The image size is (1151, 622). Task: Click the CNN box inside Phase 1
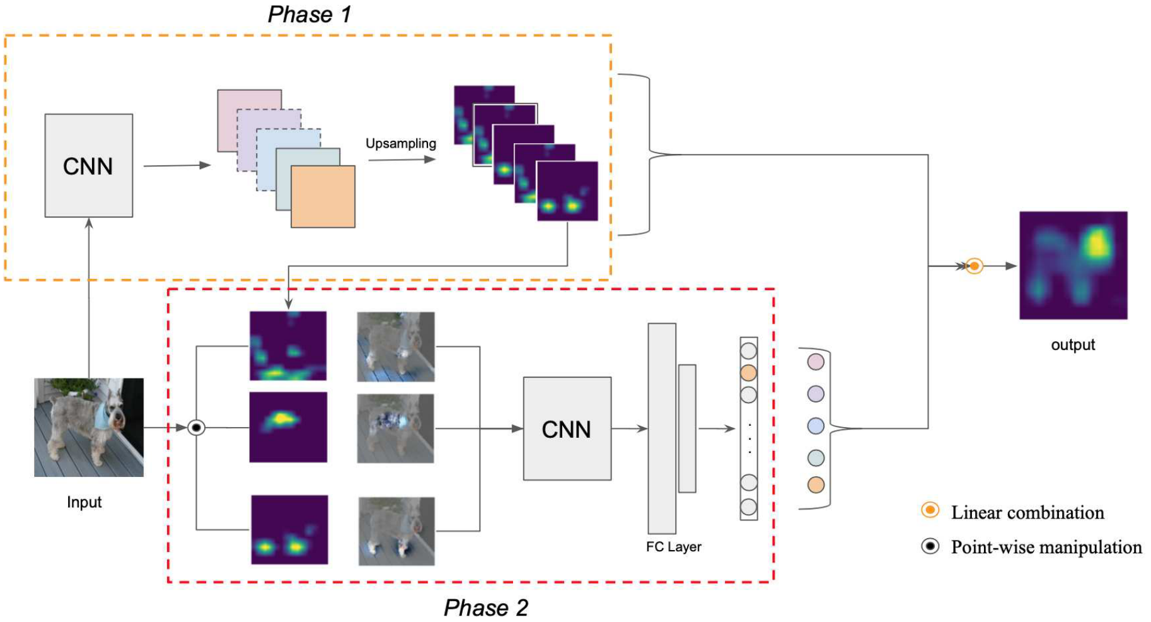tap(88, 165)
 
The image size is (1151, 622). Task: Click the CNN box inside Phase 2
tap(567, 429)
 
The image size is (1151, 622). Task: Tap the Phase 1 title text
tap(309, 14)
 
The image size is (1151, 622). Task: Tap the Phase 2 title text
tap(485, 607)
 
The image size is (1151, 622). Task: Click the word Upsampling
tap(401, 143)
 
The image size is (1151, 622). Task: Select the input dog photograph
tap(88, 427)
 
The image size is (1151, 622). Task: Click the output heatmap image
tap(1073, 265)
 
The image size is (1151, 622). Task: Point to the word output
tap(1073, 344)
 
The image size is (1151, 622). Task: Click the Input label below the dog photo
tap(84, 502)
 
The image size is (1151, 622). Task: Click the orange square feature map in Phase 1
tap(323, 196)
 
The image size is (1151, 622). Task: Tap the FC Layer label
tap(673, 546)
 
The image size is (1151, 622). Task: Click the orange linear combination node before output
tap(975, 266)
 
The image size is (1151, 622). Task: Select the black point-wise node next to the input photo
tap(197, 428)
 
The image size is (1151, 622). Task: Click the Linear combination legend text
tap(1027, 512)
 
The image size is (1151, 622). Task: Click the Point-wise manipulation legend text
tap(1046, 547)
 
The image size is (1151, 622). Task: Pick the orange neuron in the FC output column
tap(748, 372)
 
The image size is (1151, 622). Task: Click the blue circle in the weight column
tap(816, 426)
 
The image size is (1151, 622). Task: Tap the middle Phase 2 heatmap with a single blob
tap(288, 427)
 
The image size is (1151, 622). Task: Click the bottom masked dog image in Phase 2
tap(396, 531)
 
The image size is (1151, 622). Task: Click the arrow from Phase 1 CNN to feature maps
tap(176, 165)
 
